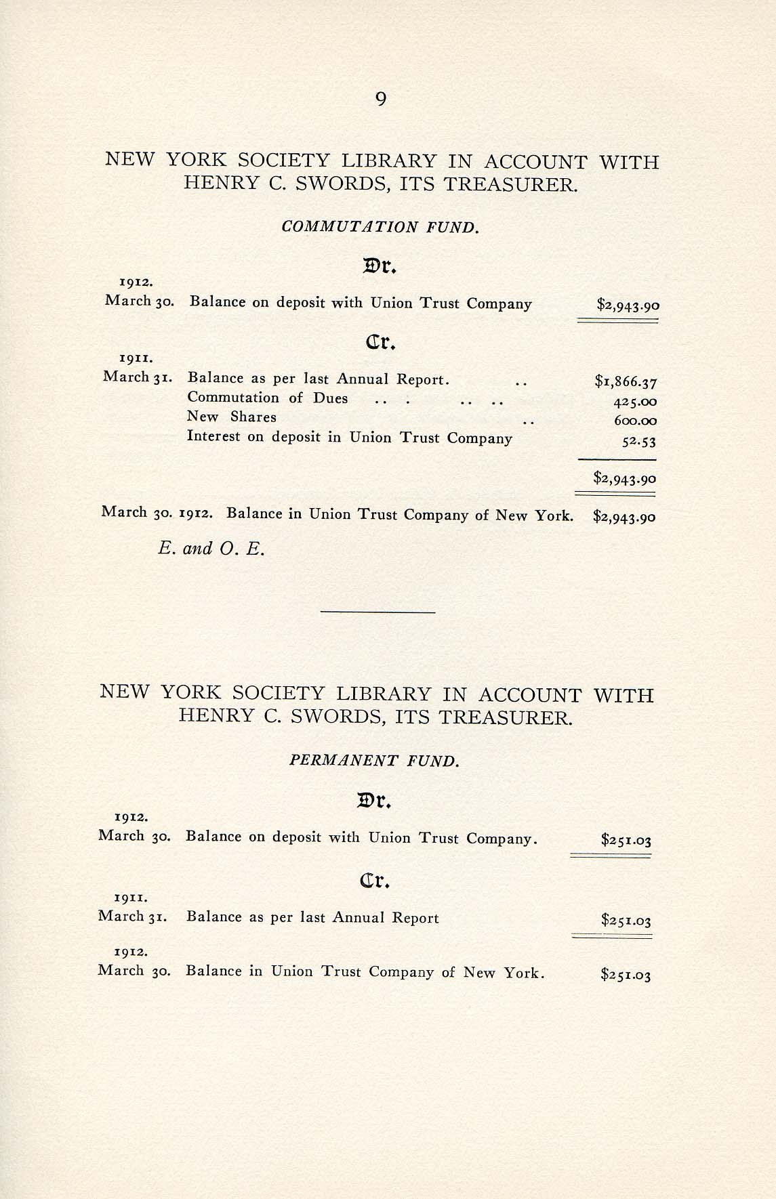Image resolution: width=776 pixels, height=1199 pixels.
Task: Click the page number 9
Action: tap(380, 100)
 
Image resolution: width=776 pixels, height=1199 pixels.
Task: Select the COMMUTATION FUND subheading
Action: tap(380, 227)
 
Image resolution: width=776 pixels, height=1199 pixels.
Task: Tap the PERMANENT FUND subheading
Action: tap(374, 761)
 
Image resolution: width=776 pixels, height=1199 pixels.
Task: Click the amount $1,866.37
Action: tap(626, 382)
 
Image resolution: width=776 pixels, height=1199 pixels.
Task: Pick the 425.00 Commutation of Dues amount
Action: tap(635, 402)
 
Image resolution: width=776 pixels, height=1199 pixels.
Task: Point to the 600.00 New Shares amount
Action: tap(635, 421)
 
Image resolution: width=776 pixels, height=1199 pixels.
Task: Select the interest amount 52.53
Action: tap(638, 442)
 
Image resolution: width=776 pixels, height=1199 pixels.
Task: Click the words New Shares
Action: tap(232, 417)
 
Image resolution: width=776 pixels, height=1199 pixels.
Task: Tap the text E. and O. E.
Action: tap(211, 549)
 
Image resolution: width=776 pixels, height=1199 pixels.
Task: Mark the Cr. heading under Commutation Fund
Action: tap(380, 343)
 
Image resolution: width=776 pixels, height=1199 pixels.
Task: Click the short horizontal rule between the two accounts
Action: tap(377, 612)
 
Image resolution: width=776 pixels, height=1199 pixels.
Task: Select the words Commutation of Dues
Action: tap(268, 398)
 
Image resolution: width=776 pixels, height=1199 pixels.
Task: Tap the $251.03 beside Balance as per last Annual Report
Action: tap(626, 921)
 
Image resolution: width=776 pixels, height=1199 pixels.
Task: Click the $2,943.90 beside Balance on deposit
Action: tap(628, 305)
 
